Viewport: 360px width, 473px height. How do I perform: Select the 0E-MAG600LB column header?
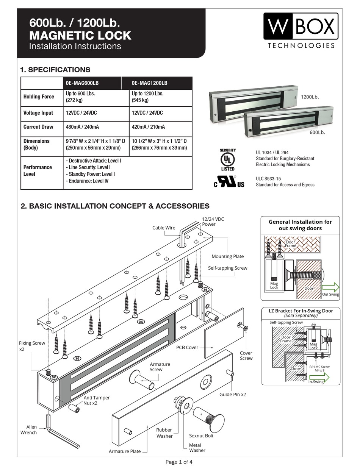click(x=83, y=83)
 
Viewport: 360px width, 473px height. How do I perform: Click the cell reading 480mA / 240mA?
click(x=83, y=127)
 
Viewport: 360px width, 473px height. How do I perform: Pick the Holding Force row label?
click(x=39, y=97)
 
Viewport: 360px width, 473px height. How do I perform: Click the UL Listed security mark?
click(x=227, y=159)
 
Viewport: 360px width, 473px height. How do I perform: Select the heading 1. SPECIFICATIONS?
click(x=55, y=70)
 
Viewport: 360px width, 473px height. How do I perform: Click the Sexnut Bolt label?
click(x=201, y=436)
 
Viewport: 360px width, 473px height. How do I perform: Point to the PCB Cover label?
click(x=187, y=347)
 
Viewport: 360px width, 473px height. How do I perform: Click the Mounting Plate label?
click(x=227, y=256)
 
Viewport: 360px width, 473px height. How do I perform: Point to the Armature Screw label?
click(x=160, y=367)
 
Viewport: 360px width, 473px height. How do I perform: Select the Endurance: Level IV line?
click(x=87, y=181)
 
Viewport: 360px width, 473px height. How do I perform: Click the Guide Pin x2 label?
click(x=233, y=394)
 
